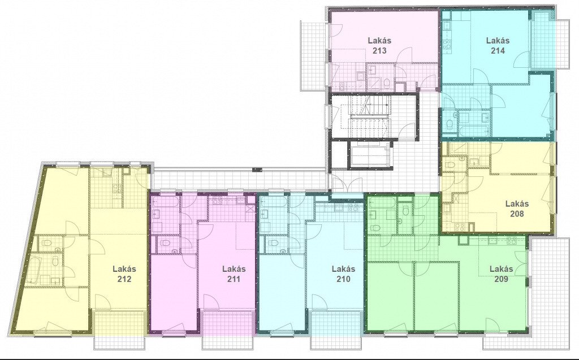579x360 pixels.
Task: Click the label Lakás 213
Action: (x=379, y=45)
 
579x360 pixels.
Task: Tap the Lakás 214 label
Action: (x=498, y=45)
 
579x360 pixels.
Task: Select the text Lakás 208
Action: (x=517, y=208)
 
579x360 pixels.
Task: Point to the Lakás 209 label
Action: (x=501, y=274)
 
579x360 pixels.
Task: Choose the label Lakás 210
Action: (x=343, y=274)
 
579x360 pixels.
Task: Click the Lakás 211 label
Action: (x=234, y=274)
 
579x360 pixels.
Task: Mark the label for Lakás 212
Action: (x=124, y=274)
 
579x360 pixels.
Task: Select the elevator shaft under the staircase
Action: (x=370, y=154)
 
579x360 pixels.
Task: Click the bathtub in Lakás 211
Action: (x=166, y=201)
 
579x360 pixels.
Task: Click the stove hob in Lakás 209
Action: (x=512, y=241)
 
